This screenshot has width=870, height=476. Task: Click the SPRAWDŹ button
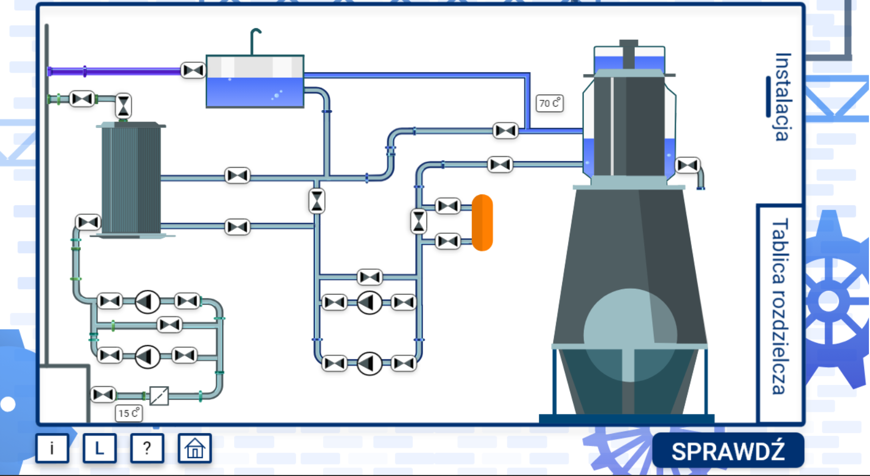(x=728, y=450)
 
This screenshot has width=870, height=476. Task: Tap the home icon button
(x=194, y=448)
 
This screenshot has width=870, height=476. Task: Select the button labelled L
(x=99, y=448)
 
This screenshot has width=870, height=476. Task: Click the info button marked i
(x=52, y=448)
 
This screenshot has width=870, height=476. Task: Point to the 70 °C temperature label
(x=550, y=103)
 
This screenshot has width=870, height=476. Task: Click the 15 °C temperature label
(x=129, y=413)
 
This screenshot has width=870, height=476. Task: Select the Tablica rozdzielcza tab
(x=779, y=307)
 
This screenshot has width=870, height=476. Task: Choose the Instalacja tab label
(x=783, y=97)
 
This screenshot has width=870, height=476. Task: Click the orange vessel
(x=482, y=223)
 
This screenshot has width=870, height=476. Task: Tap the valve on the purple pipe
(x=193, y=71)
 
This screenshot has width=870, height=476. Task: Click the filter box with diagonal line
(x=159, y=396)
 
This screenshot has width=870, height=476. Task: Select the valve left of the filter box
(x=103, y=395)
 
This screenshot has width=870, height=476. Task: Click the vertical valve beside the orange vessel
(x=419, y=221)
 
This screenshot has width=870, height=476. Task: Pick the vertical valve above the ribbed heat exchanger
(x=124, y=106)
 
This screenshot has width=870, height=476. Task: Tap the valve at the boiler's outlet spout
(x=688, y=165)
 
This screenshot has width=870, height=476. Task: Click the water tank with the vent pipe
(x=255, y=81)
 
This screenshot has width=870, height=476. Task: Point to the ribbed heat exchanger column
(x=131, y=180)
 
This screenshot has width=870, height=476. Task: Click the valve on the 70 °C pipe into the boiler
(x=506, y=131)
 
